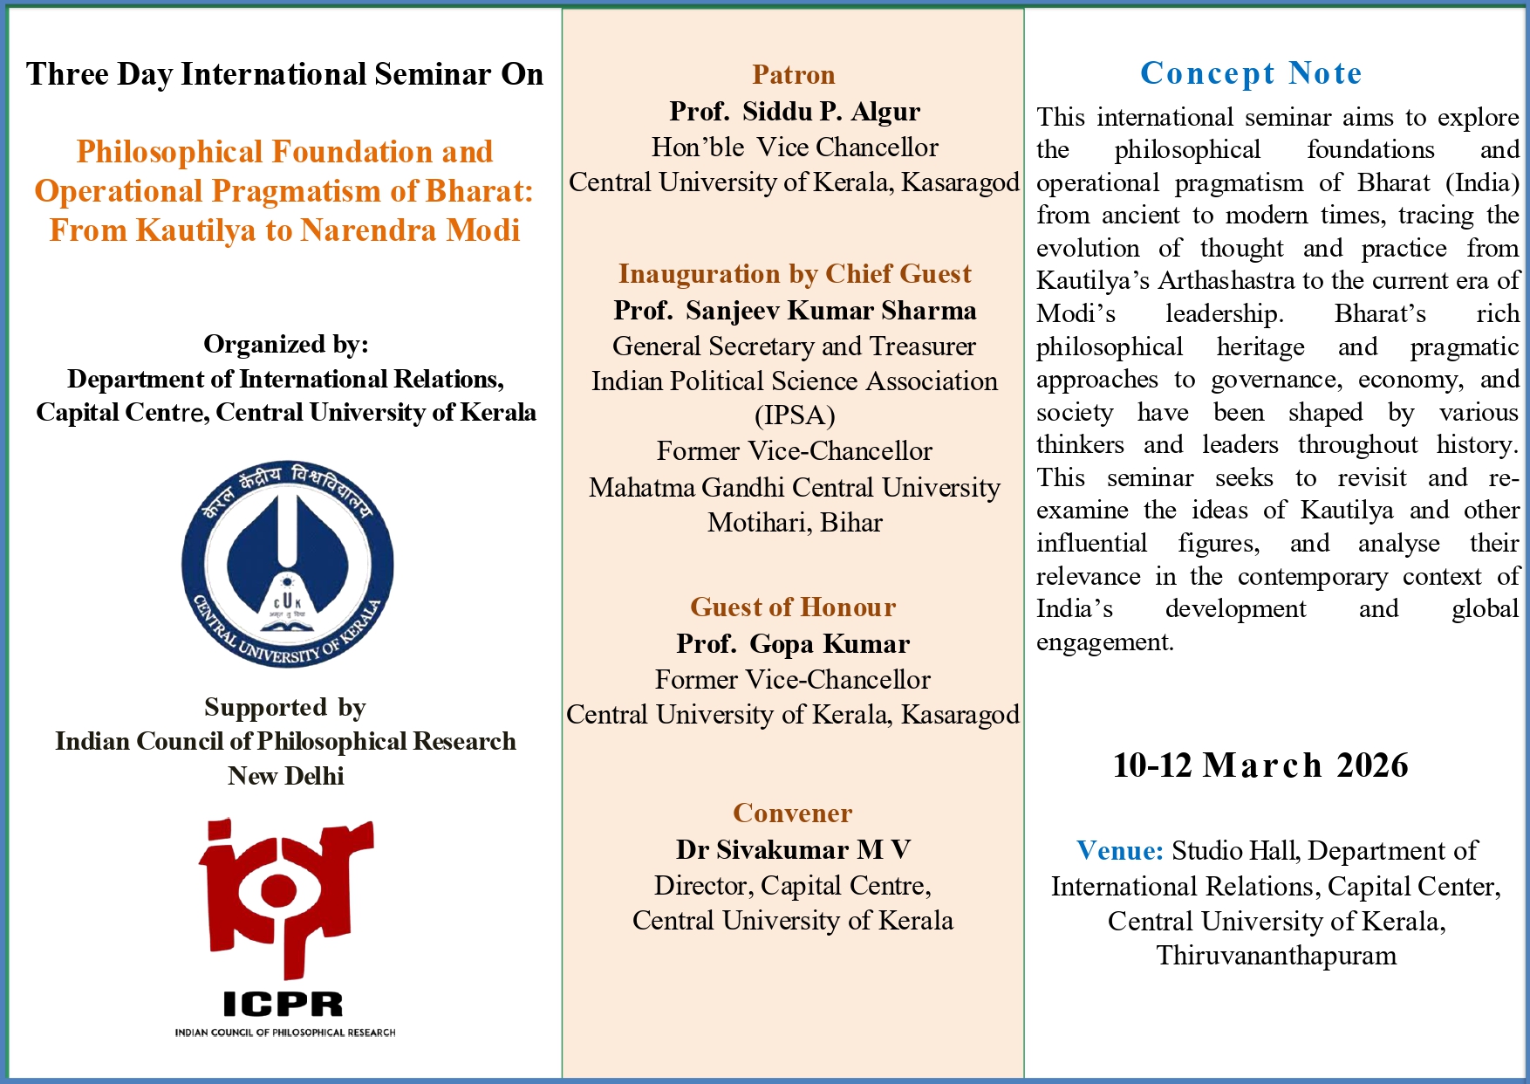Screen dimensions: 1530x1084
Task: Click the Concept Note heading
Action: click(1251, 73)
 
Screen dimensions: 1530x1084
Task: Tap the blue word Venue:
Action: click(1120, 850)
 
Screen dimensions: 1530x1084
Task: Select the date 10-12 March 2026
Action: click(1260, 765)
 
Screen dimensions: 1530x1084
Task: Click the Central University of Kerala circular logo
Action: click(287, 564)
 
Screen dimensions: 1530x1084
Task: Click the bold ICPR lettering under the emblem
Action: click(283, 1005)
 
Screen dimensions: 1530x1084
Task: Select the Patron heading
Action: click(794, 75)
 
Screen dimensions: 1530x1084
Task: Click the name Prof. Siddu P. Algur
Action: click(795, 112)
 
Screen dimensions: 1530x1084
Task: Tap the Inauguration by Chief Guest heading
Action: click(795, 274)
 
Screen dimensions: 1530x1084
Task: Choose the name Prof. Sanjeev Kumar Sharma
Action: click(795, 311)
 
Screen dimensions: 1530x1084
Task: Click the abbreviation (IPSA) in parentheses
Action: click(795, 415)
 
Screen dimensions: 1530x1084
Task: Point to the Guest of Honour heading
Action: click(793, 607)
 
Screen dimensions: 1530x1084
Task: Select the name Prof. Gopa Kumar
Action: click(793, 644)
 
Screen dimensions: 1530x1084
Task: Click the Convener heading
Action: click(793, 813)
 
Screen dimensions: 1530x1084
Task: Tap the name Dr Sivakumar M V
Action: click(793, 850)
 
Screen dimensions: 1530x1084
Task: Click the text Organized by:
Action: click(286, 345)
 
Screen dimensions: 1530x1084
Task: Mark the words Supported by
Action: click(285, 707)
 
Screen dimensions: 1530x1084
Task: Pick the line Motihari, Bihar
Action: click(795, 523)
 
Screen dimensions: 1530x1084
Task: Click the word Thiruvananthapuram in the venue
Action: click(1276, 956)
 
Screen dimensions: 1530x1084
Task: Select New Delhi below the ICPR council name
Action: click(286, 776)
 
